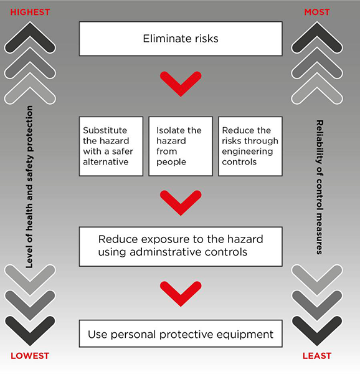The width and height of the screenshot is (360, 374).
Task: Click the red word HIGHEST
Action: (x=30, y=12)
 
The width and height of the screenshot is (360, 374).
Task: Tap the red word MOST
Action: (x=317, y=12)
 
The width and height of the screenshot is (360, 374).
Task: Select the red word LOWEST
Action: (x=30, y=356)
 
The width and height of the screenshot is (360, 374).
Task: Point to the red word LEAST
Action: (x=317, y=356)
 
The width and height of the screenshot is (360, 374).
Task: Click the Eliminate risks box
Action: (x=181, y=39)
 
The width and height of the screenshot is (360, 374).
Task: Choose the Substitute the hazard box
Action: (x=111, y=146)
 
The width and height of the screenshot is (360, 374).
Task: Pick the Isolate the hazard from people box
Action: (x=181, y=146)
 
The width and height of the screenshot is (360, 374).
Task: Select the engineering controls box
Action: (x=250, y=146)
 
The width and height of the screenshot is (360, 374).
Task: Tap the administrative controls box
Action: (x=181, y=247)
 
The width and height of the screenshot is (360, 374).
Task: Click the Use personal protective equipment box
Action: (x=181, y=333)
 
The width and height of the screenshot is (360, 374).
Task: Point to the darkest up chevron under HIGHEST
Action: (x=30, y=29)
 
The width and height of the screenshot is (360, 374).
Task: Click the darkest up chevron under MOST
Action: (x=317, y=29)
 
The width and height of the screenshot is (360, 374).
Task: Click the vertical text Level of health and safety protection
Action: (x=29, y=187)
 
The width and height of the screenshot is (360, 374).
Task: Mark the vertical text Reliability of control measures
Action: (x=320, y=187)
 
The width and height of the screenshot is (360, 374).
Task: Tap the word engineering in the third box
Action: (x=247, y=151)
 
